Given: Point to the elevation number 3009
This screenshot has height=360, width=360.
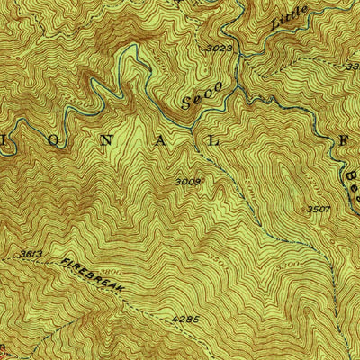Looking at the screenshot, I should pos(189,182).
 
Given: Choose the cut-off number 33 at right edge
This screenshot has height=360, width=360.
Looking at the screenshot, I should pos(354,67).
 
